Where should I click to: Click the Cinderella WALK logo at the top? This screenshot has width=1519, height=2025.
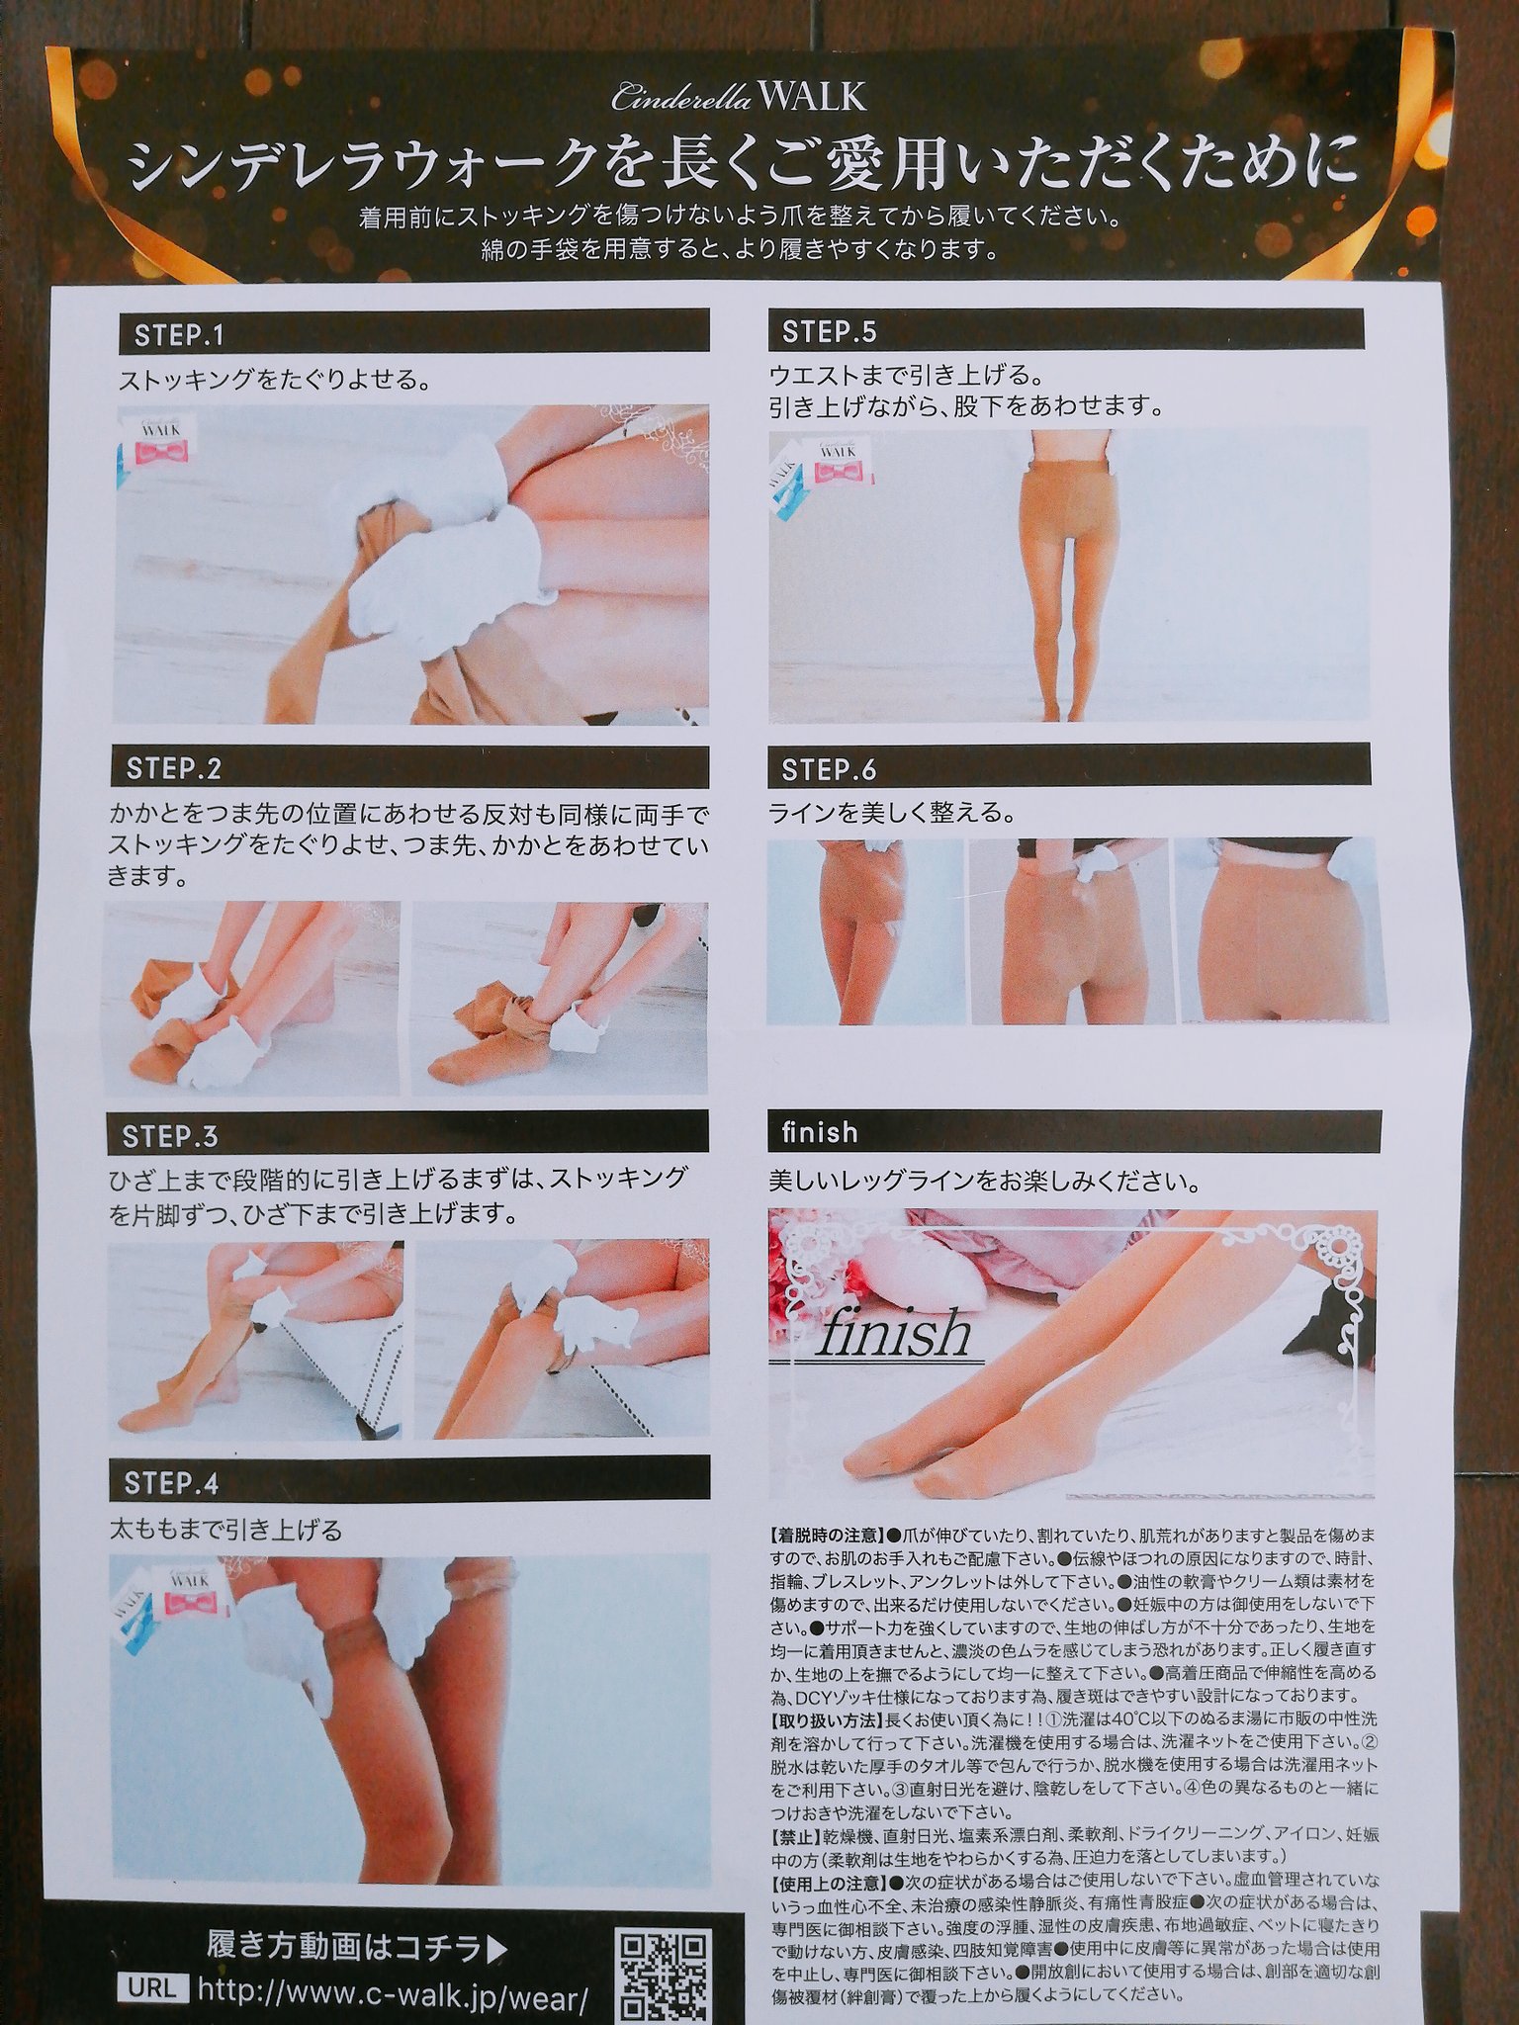[739, 97]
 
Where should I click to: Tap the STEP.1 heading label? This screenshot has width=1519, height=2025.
[179, 336]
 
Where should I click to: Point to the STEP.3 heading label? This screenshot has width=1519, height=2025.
[170, 1136]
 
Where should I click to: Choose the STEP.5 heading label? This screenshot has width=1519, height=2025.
[829, 332]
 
